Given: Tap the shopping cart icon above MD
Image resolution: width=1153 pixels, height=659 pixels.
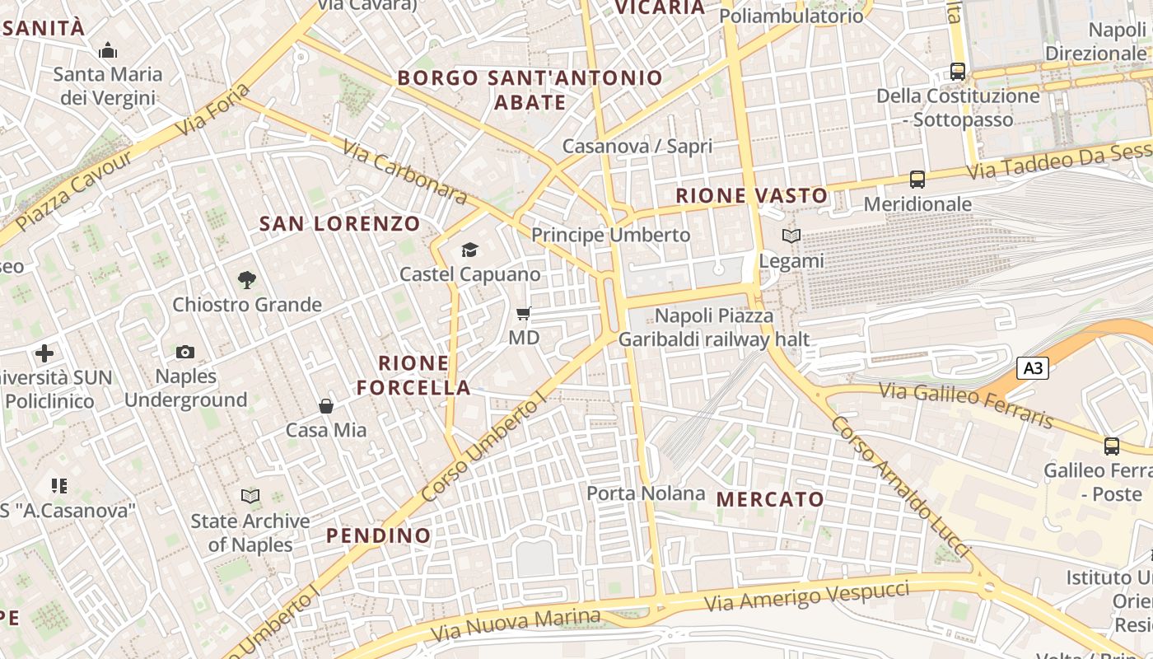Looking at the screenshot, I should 523,313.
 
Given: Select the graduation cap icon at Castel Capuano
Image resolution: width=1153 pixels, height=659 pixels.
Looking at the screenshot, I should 469,250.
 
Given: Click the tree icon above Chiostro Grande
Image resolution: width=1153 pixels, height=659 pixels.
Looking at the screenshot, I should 246,280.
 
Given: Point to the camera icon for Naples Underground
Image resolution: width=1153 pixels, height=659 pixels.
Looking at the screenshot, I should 185,353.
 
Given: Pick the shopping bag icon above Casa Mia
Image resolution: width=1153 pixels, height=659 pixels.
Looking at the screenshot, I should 326,405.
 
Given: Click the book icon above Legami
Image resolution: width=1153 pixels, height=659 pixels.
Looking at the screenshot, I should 791,236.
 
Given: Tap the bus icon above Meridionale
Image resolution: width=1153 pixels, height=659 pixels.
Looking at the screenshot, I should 917,179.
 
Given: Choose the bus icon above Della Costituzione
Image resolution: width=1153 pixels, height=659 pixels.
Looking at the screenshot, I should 957,71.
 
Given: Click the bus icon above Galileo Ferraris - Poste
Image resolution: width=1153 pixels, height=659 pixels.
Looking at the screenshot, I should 1111,446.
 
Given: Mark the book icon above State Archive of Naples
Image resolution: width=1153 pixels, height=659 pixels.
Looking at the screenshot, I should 250,496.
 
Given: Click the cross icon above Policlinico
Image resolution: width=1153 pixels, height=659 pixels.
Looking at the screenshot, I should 44,354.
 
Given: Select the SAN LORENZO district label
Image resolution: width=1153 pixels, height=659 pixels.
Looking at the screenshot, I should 339,223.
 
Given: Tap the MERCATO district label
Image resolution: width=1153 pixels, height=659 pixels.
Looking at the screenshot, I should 770,499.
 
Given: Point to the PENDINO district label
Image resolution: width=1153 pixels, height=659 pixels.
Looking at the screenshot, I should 378,535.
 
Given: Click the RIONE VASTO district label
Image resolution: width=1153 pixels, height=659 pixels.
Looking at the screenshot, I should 751,196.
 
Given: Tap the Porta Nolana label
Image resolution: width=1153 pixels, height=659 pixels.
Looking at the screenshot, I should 646,493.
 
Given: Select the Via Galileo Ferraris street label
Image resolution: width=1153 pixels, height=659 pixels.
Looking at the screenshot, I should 966,405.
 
